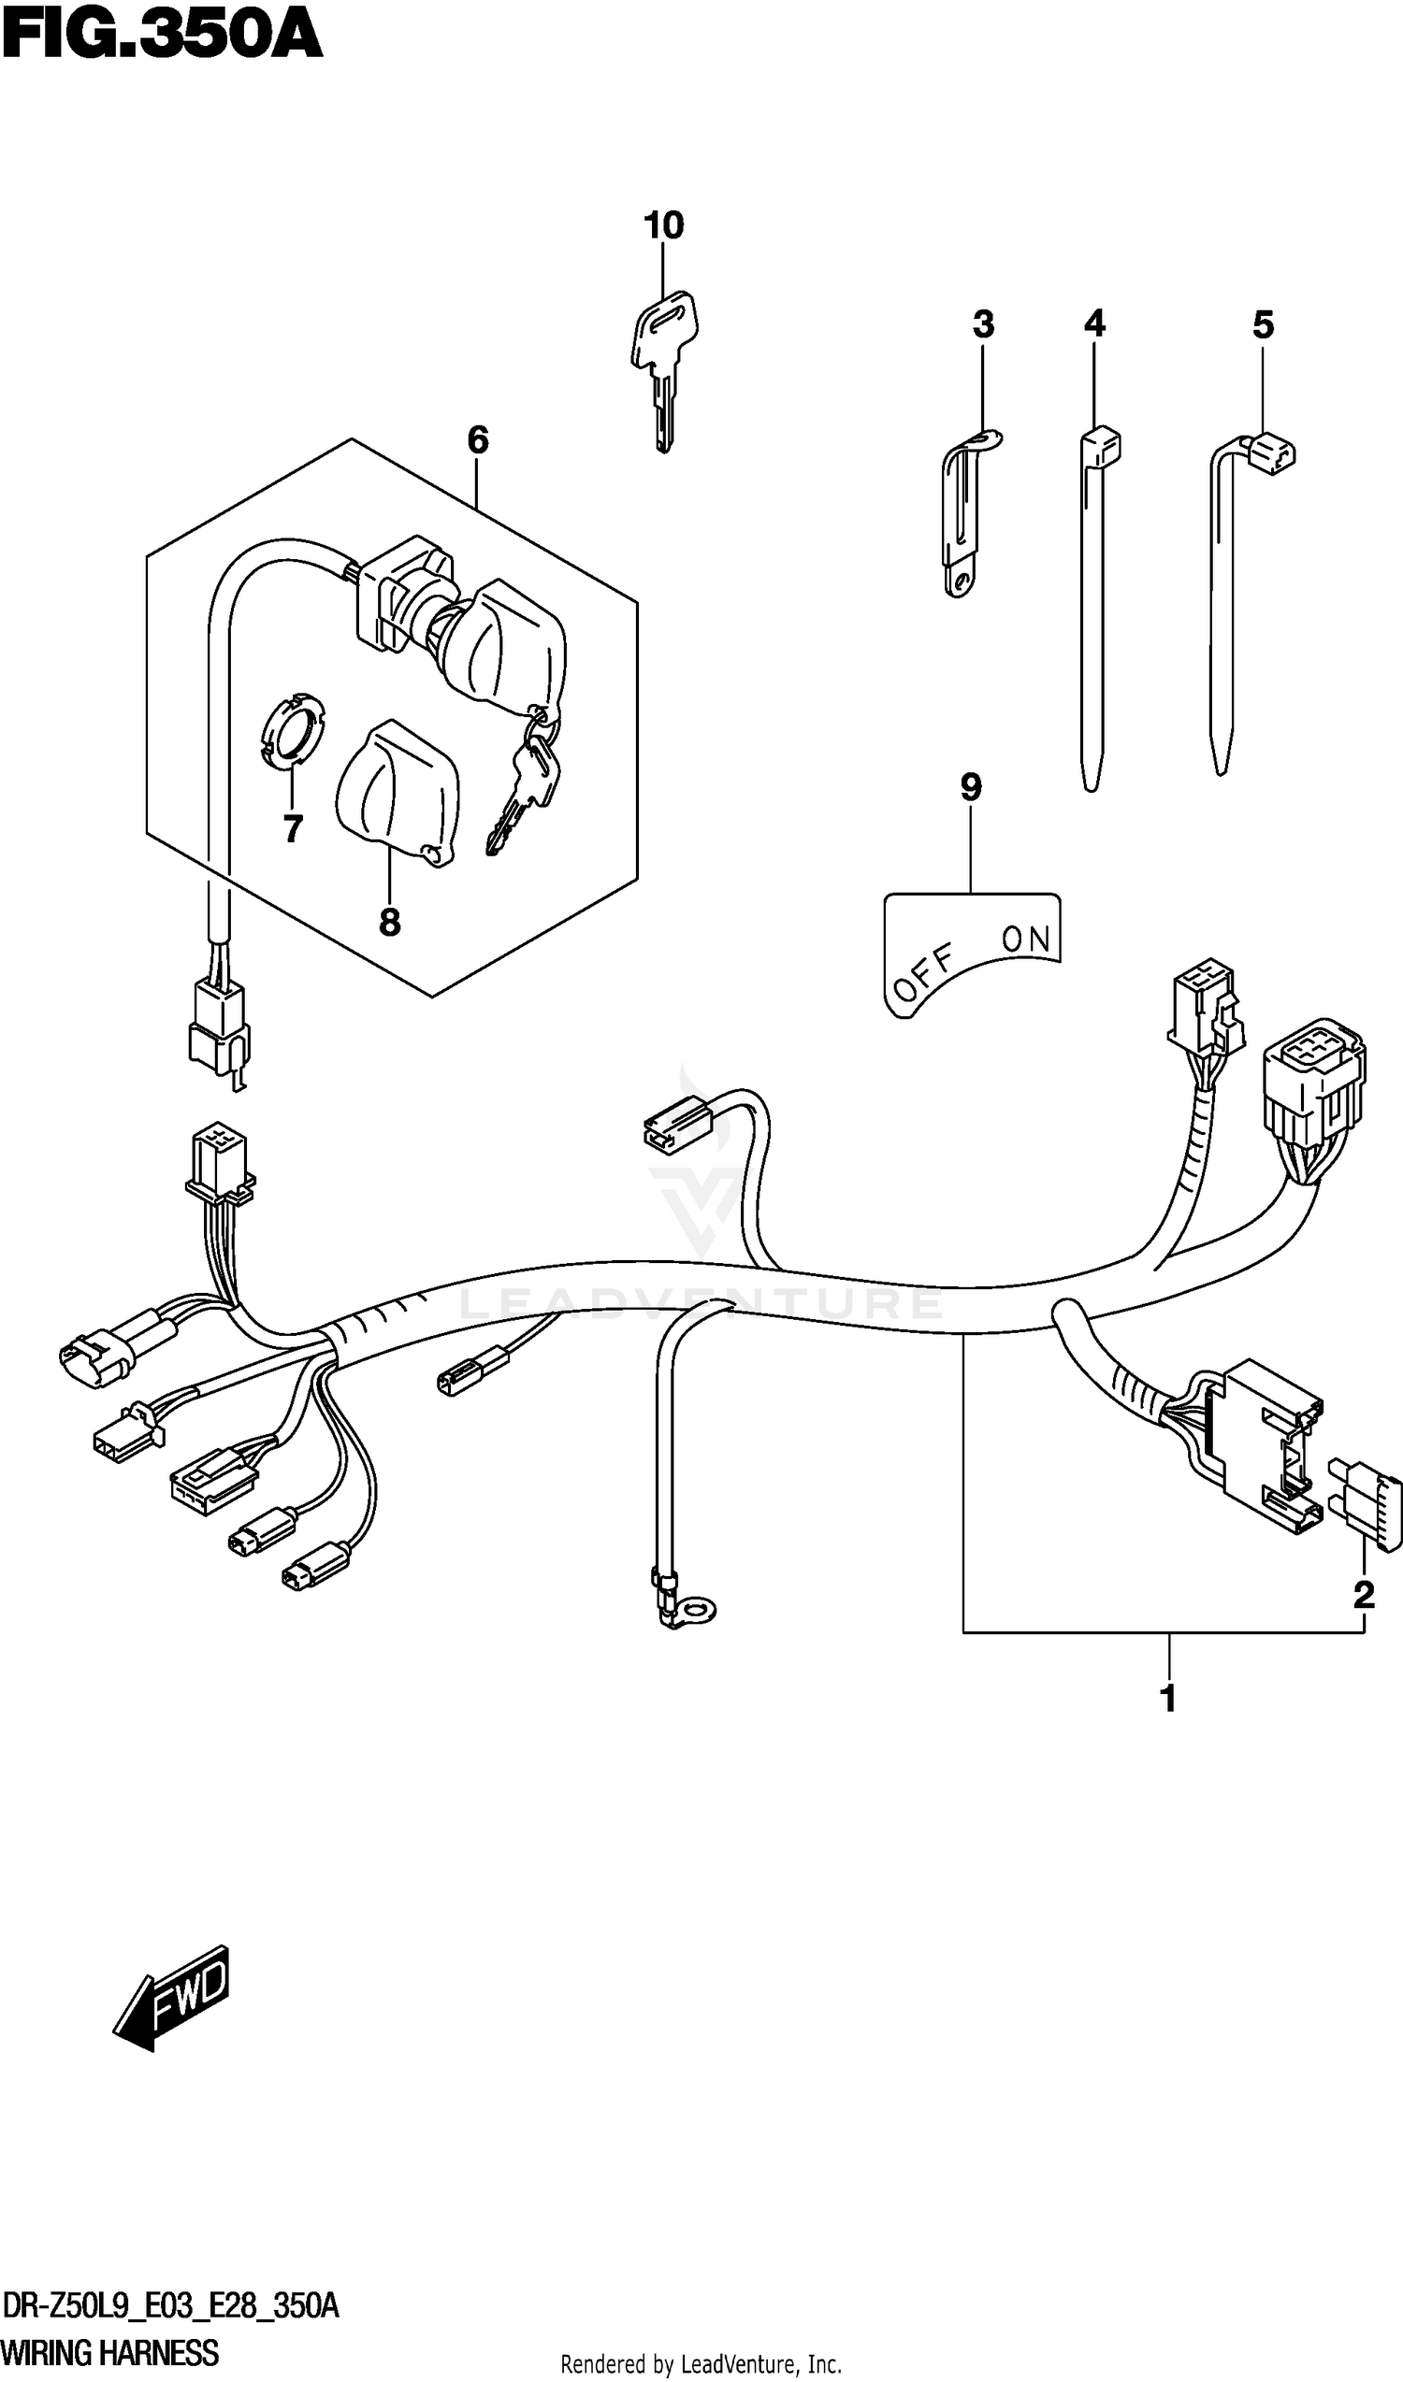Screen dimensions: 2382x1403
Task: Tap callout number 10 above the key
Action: click(663, 226)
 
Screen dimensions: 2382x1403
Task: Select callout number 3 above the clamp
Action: click(982, 325)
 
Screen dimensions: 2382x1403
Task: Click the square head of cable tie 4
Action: click(1100, 444)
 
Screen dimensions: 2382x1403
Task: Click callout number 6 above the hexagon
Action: click(477, 440)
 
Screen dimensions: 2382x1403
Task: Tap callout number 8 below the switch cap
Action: click(388, 923)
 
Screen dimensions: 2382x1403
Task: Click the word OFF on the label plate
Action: click(924, 972)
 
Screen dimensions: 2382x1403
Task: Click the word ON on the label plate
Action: click(1025, 940)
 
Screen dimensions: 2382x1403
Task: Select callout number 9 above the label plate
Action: click(971, 787)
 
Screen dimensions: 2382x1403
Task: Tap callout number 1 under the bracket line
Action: click(1167, 1699)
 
